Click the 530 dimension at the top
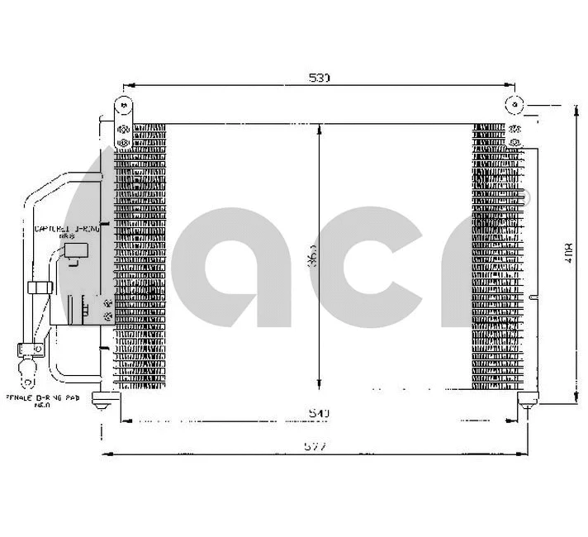(320, 78)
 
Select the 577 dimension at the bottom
(315, 447)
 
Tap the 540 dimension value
(320, 412)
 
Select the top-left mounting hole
(122, 106)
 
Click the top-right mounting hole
(514, 106)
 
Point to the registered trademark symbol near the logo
(524, 196)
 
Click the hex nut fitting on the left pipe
(39, 288)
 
